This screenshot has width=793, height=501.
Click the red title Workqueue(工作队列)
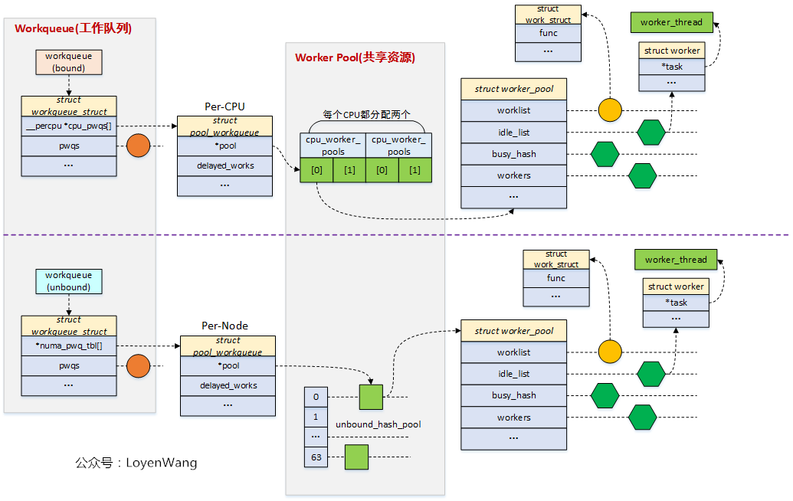point(73,29)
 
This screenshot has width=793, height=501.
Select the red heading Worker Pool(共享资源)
point(355,57)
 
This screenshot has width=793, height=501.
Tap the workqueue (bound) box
point(69,62)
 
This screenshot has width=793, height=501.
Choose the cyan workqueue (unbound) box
point(68,281)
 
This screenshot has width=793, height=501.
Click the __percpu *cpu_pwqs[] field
point(69,126)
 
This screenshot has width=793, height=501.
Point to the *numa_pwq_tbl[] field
point(69,345)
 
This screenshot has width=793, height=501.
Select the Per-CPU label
point(224,106)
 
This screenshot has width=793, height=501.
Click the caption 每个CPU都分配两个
point(366,114)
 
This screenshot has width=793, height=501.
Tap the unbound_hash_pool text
point(378,424)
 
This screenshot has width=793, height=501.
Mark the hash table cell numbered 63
point(316,457)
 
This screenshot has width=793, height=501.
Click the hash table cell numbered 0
point(316,397)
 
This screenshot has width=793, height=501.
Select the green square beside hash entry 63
point(356,457)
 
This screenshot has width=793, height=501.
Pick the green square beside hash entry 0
point(371,397)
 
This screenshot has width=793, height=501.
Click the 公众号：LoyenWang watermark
point(136,463)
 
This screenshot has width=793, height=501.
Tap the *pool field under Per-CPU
point(224,146)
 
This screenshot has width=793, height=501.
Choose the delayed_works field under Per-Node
point(228,385)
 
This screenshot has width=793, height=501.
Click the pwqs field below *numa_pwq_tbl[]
point(69,366)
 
